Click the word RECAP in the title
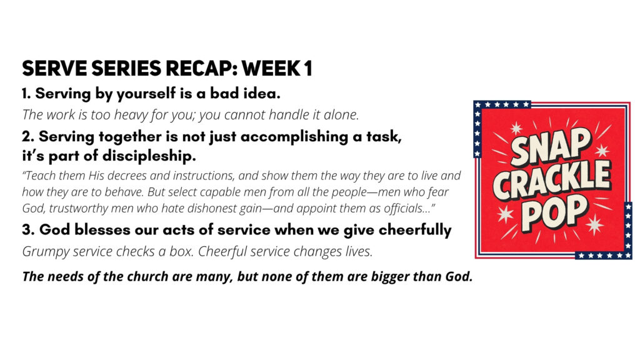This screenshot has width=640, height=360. [x=199, y=68]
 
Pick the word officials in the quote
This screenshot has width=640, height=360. [x=405, y=209]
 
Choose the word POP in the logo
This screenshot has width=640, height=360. [x=555, y=212]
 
